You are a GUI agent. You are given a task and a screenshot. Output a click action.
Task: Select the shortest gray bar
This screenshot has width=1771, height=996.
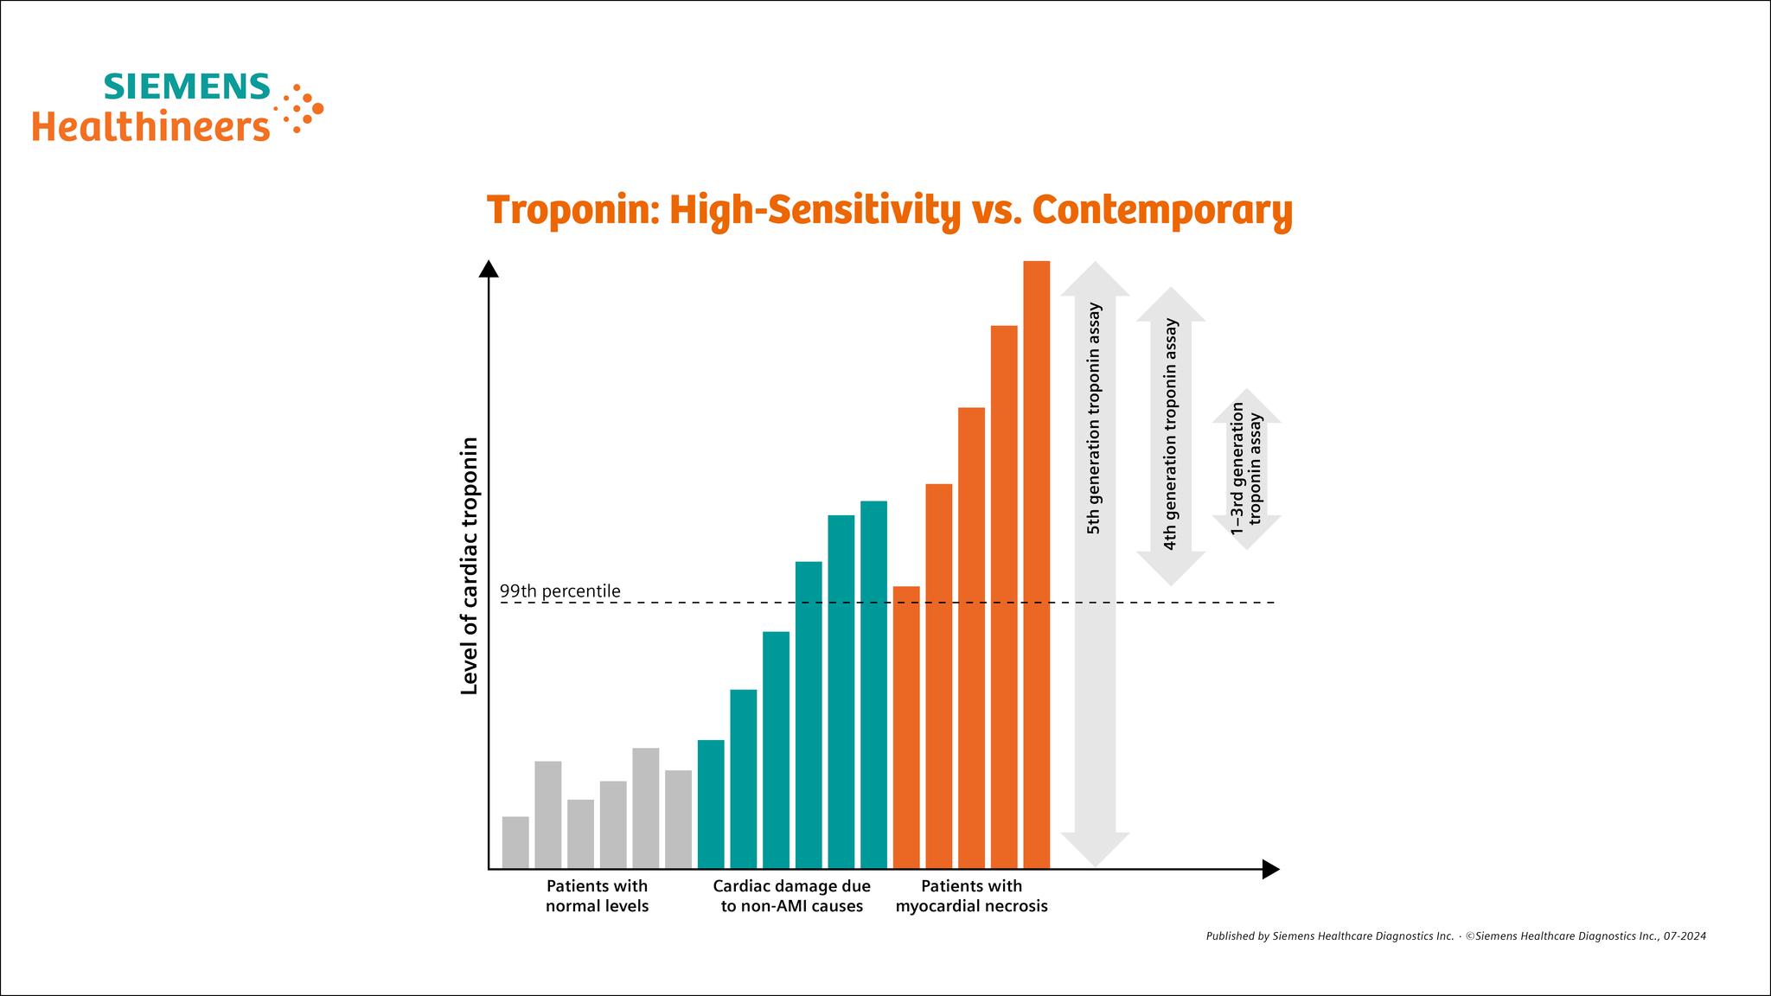(515, 842)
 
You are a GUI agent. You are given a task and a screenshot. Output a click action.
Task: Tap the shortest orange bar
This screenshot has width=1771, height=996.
(906, 726)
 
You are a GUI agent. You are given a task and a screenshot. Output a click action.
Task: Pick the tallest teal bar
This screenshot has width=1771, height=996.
(873, 684)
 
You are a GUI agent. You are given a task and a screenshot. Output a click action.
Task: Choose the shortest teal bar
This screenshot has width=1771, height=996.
(711, 803)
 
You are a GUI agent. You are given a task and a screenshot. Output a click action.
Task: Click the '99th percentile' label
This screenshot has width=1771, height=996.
(560, 591)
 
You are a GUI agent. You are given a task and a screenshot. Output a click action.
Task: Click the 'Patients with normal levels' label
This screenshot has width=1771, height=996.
(597, 896)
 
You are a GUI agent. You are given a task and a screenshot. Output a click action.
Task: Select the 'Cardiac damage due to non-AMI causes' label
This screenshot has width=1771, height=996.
(791, 896)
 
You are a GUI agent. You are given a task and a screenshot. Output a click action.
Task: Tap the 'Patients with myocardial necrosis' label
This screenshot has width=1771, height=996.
(971, 896)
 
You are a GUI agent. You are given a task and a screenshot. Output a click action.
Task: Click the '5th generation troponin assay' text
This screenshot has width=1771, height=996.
(1094, 418)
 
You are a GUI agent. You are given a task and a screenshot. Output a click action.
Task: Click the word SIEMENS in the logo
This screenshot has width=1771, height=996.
(187, 87)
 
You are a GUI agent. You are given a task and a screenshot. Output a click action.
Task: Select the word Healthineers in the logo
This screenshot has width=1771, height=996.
(150, 126)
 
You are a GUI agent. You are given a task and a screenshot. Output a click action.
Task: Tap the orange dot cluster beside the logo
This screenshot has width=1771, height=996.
(301, 109)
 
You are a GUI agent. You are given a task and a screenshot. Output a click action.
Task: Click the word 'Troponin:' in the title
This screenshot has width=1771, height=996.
(572, 210)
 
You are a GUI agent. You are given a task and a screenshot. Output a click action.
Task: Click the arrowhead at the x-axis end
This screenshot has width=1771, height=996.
(1269, 869)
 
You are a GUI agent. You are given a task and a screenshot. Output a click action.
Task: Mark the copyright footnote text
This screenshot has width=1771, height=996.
(1455, 935)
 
